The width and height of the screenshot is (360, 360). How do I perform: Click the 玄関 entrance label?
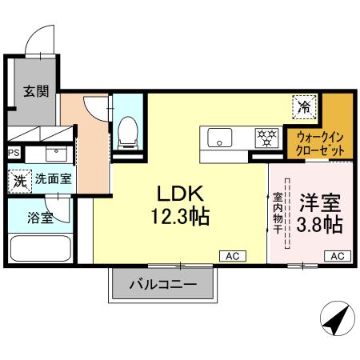pos(35,91)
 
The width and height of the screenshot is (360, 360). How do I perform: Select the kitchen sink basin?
pos(218,138)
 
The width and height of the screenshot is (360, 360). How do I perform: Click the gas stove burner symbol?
pos(264,138)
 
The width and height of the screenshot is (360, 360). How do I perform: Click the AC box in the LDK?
pos(232,255)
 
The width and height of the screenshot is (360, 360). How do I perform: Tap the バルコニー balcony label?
pos(162,283)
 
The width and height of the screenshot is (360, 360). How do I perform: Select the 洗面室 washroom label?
pos(52,179)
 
